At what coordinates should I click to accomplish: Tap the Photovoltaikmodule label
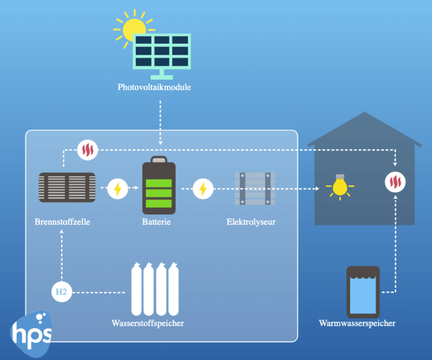point(154,88)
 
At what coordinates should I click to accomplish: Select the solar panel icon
point(162,55)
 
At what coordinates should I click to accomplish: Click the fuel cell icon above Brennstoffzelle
point(67,188)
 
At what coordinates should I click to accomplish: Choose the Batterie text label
point(158,221)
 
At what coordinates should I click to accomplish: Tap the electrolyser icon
point(255,188)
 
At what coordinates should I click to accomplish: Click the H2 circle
point(61,292)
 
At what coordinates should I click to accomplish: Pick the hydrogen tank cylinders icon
point(155,287)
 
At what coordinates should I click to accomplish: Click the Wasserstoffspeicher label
point(147,323)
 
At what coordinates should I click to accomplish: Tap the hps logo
point(31,331)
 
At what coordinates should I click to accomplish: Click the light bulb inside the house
point(340,186)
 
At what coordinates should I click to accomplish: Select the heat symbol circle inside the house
point(395,183)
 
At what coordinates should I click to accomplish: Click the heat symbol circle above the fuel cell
point(88,150)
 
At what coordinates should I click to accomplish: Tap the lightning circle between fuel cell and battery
point(118,188)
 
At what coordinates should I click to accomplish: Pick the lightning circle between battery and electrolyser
point(203,188)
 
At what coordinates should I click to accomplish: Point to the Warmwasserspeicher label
point(357,323)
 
